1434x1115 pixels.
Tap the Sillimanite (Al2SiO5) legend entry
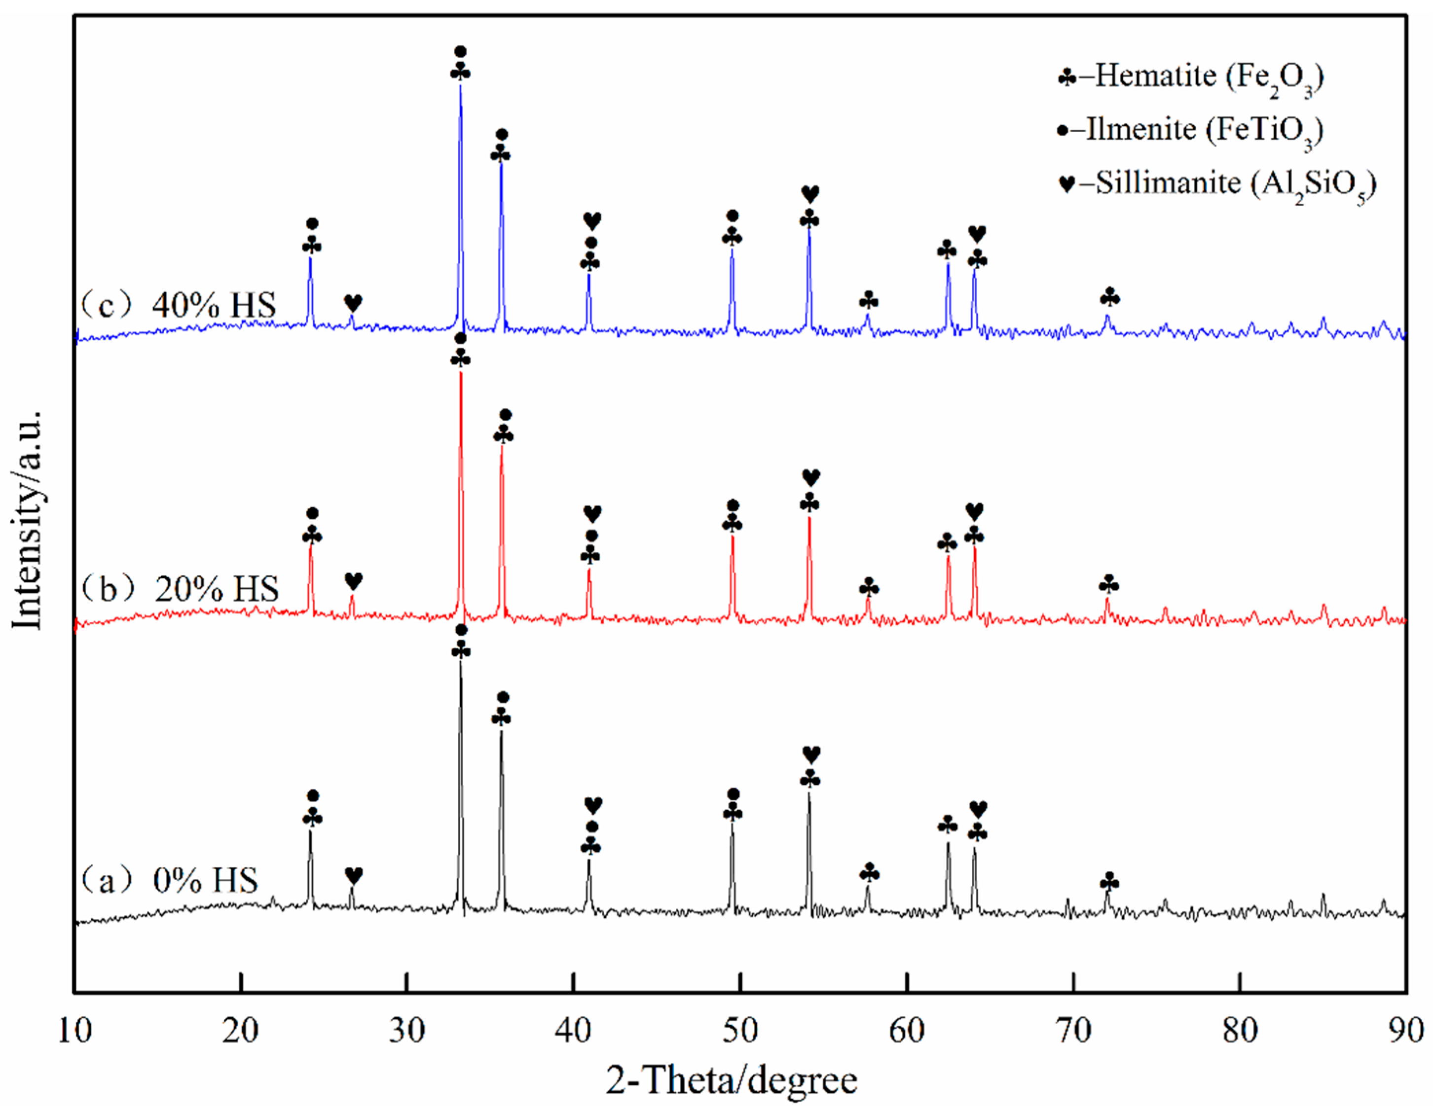(1218, 184)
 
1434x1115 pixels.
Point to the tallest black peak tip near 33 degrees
(460, 661)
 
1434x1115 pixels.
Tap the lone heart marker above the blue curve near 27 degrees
(353, 302)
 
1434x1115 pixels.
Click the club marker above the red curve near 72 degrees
(1109, 583)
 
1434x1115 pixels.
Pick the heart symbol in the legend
(1067, 185)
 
